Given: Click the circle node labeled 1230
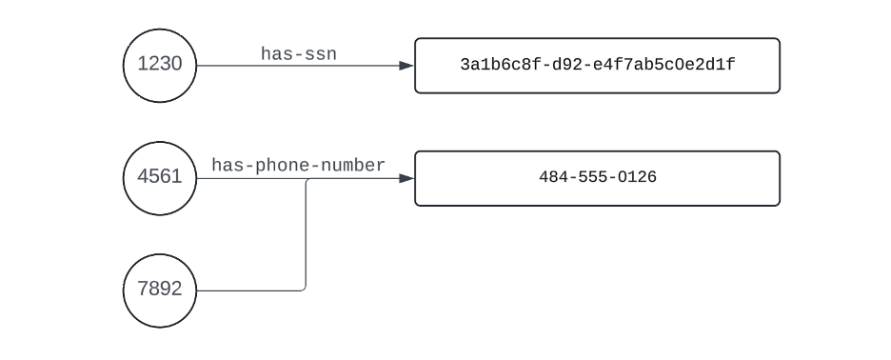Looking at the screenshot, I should (x=160, y=66).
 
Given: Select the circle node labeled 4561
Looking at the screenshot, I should (x=160, y=178).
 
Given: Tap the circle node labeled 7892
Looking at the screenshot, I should (x=160, y=290).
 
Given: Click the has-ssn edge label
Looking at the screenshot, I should (x=298, y=55).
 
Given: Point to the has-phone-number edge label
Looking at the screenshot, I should (x=298, y=166).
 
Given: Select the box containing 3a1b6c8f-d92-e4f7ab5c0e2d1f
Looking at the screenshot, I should (x=597, y=66).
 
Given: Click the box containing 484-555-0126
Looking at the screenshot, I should (x=597, y=178).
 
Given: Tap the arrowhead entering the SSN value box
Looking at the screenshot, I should (x=406, y=66).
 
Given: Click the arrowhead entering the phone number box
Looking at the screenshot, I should (x=406, y=178).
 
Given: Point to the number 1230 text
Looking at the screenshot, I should (x=160, y=66).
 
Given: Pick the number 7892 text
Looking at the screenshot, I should (x=160, y=290).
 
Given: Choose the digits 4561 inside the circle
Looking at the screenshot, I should (x=160, y=178).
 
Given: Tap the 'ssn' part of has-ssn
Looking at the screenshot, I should (x=321, y=55).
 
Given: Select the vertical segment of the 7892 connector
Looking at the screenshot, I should (x=306, y=233).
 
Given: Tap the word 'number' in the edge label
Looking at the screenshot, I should (x=355, y=166).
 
